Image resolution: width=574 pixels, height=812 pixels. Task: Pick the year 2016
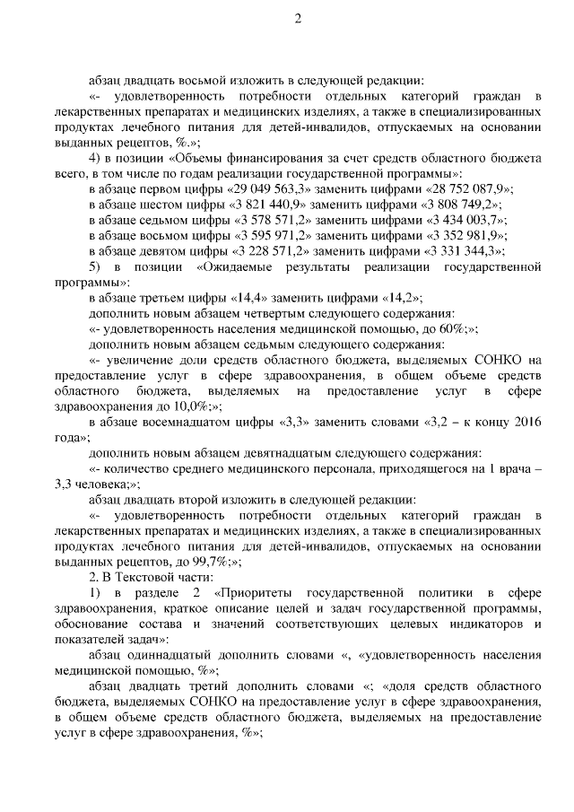(x=526, y=423)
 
